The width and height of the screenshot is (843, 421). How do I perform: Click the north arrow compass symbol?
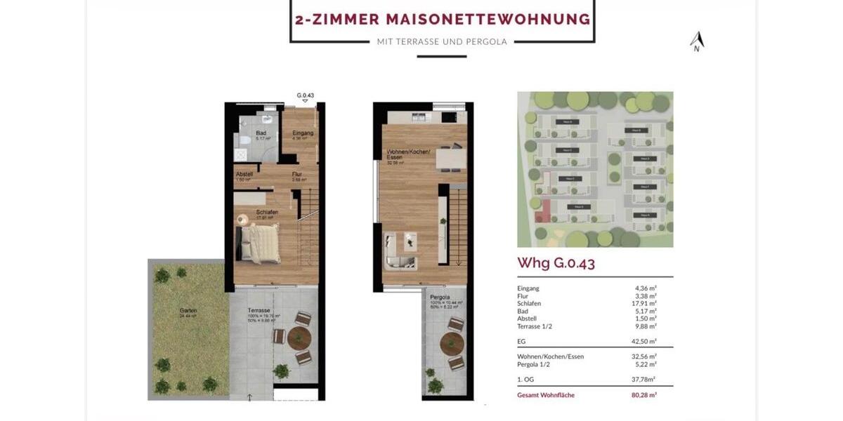[696, 42]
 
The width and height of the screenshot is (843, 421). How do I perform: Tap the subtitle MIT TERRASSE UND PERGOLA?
[442, 41]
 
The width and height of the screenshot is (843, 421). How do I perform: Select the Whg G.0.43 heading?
[556, 263]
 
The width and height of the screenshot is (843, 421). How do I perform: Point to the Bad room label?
[261, 133]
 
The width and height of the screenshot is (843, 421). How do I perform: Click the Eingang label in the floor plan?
[302, 133]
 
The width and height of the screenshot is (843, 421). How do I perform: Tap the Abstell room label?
[244, 175]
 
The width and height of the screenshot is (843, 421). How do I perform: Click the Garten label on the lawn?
[188, 310]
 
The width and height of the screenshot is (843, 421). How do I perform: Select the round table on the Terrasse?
[299, 338]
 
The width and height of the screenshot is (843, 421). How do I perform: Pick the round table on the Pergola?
[452, 345]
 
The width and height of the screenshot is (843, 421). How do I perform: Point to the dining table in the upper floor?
[450, 160]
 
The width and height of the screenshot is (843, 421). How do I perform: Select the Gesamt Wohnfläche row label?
[546, 395]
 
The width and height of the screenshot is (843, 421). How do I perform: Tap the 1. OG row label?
[527, 380]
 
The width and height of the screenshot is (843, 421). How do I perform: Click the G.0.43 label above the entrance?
[305, 95]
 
